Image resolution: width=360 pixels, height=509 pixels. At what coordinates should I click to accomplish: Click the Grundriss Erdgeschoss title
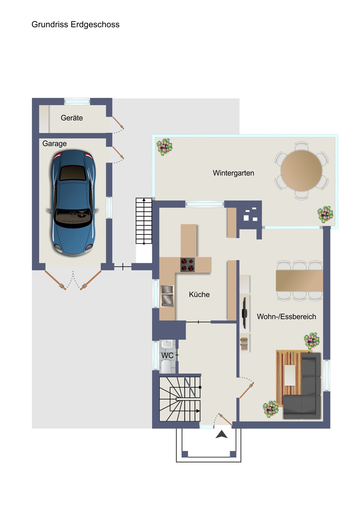coord(75,25)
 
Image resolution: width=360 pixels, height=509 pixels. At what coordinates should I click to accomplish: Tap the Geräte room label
coord(72,118)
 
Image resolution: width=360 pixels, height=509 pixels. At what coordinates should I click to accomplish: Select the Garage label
coord(54,143)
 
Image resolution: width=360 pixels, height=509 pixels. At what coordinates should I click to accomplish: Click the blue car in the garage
coord(73,203)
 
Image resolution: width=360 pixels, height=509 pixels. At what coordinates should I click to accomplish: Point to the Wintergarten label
coord(233,173)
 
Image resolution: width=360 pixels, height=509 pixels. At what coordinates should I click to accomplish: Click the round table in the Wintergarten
coord(301,170)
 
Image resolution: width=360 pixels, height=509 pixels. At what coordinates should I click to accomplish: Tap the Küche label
coord(199,295)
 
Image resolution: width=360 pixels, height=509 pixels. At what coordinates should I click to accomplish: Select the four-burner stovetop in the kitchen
coord(188,265)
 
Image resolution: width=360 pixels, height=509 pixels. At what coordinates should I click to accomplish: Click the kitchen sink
coord(167,296)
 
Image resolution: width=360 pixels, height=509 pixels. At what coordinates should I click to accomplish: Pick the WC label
coord(167,356)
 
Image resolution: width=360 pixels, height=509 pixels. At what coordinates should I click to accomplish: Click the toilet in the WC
coord(167,366)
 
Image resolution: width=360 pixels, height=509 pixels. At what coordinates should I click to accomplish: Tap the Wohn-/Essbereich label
coord(287,317)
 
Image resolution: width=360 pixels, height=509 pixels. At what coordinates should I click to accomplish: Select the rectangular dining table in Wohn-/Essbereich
coord(299,281)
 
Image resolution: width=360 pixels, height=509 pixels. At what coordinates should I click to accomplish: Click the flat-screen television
coord(245,313)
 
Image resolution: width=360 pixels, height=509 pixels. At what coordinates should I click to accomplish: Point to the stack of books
coord(244,344)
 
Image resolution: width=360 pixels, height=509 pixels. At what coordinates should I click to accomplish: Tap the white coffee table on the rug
coord(290,375)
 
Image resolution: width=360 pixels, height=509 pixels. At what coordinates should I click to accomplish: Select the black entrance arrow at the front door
coord(222,435)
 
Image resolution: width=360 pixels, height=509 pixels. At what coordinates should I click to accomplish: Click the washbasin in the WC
coord(167,344)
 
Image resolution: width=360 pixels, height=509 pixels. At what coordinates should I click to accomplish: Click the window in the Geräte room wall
coord(77,101)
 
